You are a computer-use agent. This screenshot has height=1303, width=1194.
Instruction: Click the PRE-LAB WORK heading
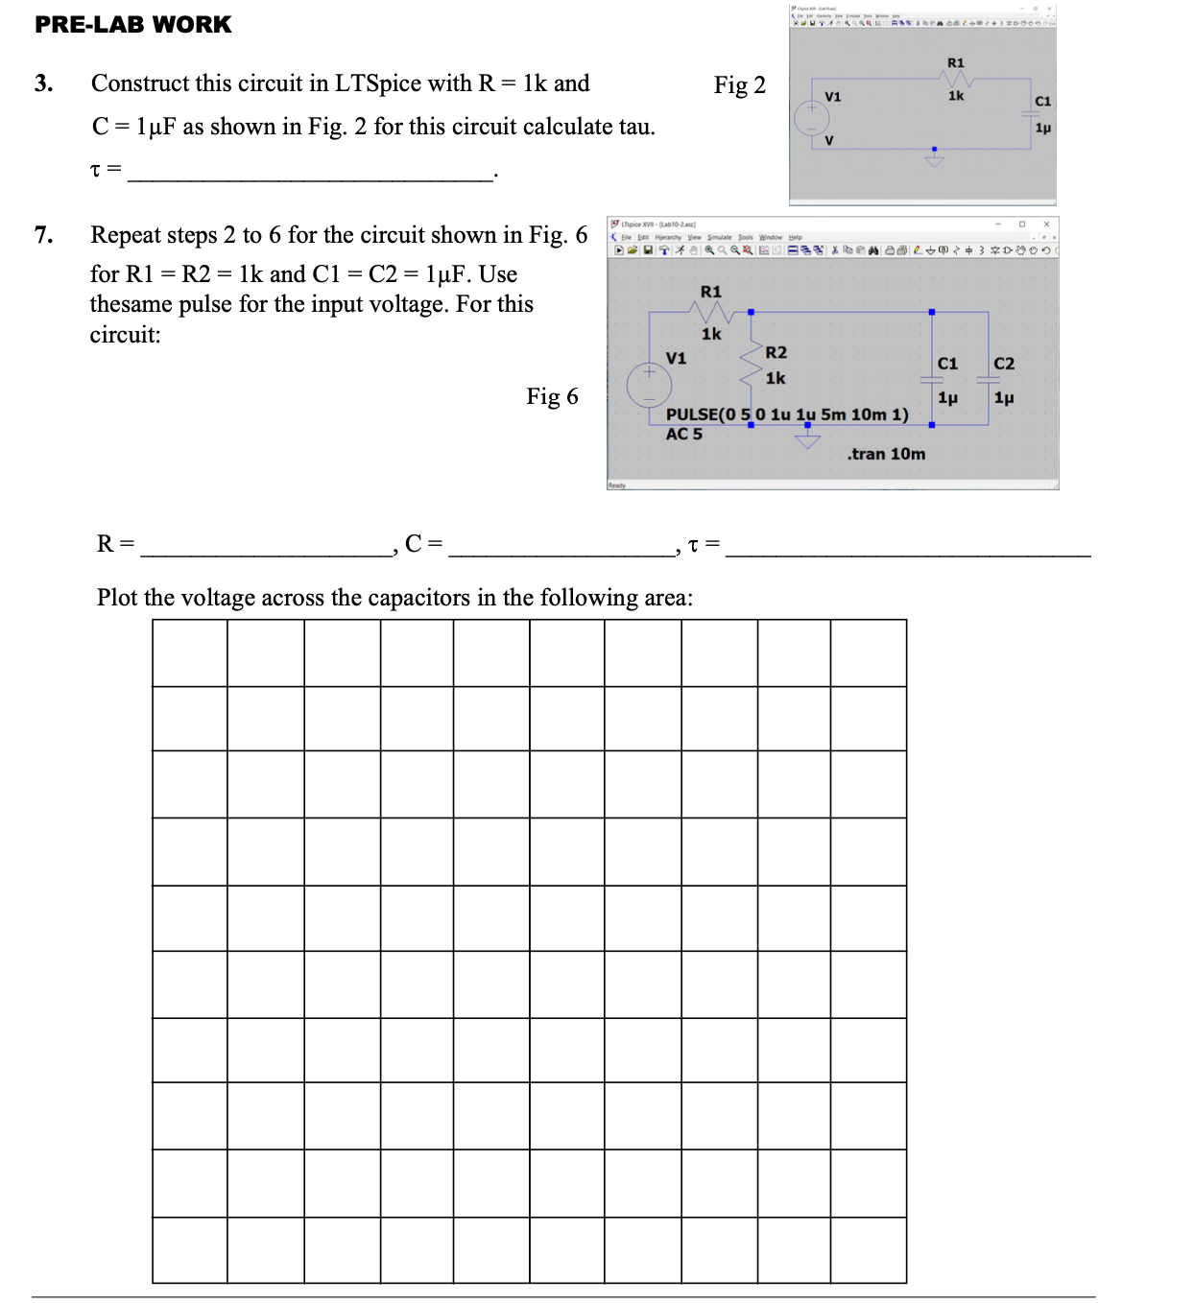tap(132, 24)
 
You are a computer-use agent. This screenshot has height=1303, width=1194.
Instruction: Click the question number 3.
tap(43, 83)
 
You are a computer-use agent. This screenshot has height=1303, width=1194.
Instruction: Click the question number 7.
tap(43, 235)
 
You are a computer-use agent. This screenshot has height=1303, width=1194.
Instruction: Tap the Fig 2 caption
tap(739, 85)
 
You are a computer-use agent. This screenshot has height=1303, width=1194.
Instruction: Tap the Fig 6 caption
tap(552, 396)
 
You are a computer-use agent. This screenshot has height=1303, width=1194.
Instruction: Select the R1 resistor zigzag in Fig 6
tap(711, 312)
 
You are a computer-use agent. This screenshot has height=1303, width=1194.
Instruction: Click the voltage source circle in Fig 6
tap(650, 385)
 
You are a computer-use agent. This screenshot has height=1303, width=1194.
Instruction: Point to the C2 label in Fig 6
tap(1004, 364)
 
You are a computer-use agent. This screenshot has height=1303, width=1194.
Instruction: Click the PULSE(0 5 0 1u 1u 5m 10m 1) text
tap(787, 415)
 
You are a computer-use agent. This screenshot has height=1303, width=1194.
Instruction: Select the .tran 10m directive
tap(886, 454)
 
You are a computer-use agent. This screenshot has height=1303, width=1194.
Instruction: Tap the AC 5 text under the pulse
tap(684, 434)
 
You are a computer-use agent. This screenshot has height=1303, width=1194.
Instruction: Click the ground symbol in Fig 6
tap(807, 439)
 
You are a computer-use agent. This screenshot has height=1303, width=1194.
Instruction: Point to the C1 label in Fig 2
tap(1043, 101)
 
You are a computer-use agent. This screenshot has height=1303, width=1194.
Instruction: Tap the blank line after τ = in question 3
tap(309, 174)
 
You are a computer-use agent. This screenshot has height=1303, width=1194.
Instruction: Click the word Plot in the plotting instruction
tap(117, 598)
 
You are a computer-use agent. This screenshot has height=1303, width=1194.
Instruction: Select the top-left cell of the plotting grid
tap(190, 652)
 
